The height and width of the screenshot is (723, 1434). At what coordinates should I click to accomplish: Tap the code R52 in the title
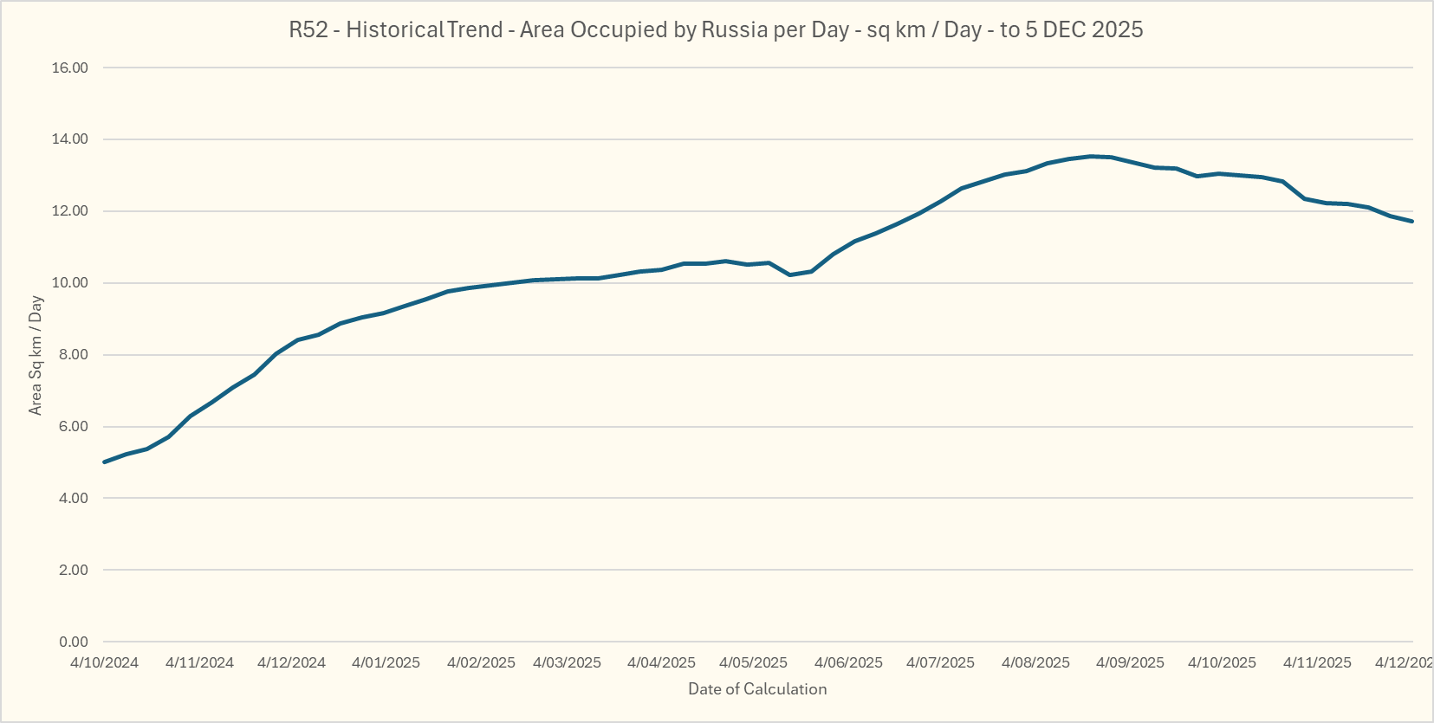pos(308,29)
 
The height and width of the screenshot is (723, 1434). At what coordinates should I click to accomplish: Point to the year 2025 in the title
pos(1117,29)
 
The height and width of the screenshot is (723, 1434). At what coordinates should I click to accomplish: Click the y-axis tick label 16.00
pos(70,68)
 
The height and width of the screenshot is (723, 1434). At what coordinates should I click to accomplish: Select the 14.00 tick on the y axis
pos(70,139)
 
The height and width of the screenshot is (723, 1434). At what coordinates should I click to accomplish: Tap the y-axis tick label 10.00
pos(70,283)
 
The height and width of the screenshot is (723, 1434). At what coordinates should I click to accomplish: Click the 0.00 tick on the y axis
pos(73,642)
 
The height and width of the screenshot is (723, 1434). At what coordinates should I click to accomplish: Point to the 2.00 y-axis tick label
pos(73,570)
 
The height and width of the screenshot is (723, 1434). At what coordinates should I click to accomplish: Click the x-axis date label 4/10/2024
pos(104,662)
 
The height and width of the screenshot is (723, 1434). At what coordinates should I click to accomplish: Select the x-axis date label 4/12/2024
pos(291,662)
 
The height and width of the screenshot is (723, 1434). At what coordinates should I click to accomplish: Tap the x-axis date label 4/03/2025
pos(567,662)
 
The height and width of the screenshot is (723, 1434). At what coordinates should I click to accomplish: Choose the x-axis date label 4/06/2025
pos(848,662)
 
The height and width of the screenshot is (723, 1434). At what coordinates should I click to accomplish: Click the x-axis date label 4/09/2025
pos(1130,662)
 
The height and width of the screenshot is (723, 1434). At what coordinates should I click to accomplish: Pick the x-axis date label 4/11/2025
pos(1317,662)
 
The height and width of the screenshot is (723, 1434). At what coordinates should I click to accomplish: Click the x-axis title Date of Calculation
pos(757,689)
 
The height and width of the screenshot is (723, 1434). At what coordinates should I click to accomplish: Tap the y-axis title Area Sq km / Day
pos(36,355)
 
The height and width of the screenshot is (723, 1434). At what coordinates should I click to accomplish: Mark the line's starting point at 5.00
pos(104,462)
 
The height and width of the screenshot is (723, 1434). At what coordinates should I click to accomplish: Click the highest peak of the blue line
pos(1091,156)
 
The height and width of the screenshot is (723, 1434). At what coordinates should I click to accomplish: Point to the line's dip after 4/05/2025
pos(789,274)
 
